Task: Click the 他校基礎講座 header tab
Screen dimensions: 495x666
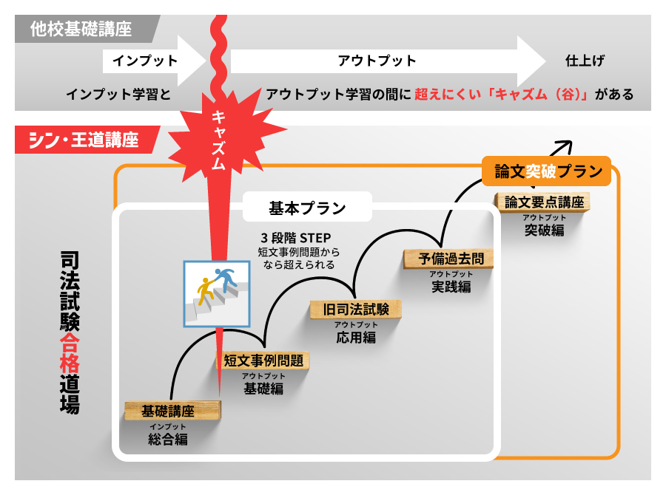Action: (x=81, y=29)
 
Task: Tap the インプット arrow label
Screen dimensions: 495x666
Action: (x=145, y=61)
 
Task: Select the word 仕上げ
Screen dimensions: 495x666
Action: (x=579, y=61)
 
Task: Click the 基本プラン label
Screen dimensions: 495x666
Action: (x=307, y=208)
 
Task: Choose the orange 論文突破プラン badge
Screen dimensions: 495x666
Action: (x=547, y=171)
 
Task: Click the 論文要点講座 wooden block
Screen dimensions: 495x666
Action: (x=544, y=202)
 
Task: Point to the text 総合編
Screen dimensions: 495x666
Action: (x=168, y=440)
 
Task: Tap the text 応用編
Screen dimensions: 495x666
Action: (x=356, y=338)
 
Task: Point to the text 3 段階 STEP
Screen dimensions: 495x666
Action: (x=295, y=238)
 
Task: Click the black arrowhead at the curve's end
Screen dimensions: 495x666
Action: (x=566, y=145)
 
